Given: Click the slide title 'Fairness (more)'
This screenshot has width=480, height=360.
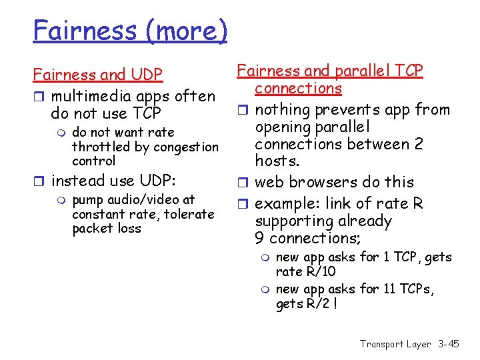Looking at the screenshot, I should click(x=131, y=30).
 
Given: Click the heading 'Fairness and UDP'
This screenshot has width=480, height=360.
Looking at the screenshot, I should click(x=98, y=75).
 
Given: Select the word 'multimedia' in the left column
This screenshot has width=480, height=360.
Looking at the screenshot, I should click(x=88, y=96).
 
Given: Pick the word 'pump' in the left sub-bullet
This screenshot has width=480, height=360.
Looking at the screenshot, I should click(x=86, y=200).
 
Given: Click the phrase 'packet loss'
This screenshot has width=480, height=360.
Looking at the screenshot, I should click(x=107, y=229).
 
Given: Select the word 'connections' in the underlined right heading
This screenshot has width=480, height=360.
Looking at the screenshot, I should click(x=298, y=88).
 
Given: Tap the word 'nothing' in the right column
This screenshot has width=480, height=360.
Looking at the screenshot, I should click(x=280, y=109).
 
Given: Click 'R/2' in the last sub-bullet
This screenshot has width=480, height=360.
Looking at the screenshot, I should click(x=319, y=305).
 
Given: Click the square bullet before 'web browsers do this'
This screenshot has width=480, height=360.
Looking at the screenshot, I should click(x=244, y=182).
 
